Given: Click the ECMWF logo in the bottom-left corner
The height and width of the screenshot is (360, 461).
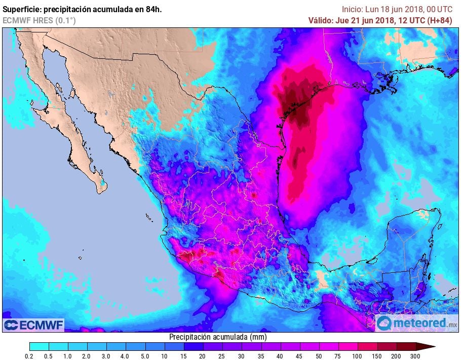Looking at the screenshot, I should (x=33, y=325).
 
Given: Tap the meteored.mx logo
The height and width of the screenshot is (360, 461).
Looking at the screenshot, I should (x=417, y=323).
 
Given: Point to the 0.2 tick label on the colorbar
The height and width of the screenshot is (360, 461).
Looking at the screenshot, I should (x=29, y=355).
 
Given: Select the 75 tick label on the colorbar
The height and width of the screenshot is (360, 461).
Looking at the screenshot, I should (x=339, y=355).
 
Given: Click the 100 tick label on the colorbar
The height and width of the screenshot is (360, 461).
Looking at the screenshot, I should (x=358, y=355).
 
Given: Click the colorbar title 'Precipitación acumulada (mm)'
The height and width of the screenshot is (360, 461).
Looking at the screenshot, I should (x=217, y=337).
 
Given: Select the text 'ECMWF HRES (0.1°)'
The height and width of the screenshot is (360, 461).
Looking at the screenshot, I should (x=40, y=20).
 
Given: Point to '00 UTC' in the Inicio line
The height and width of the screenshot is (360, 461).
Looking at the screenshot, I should (x=437, y=9).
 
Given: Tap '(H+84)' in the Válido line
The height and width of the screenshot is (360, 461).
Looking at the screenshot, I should (x=440, y=20).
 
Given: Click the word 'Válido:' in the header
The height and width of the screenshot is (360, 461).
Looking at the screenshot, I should (x=322, y=20).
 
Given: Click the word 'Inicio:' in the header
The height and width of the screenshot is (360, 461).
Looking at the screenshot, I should (x=353, y=9).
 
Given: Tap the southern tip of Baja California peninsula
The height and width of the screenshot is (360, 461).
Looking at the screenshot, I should (x=101, y=190).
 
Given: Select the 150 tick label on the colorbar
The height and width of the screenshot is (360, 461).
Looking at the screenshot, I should (x=377, y=355).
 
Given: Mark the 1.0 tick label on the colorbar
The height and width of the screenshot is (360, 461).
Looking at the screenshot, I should (x=68, y=355).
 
